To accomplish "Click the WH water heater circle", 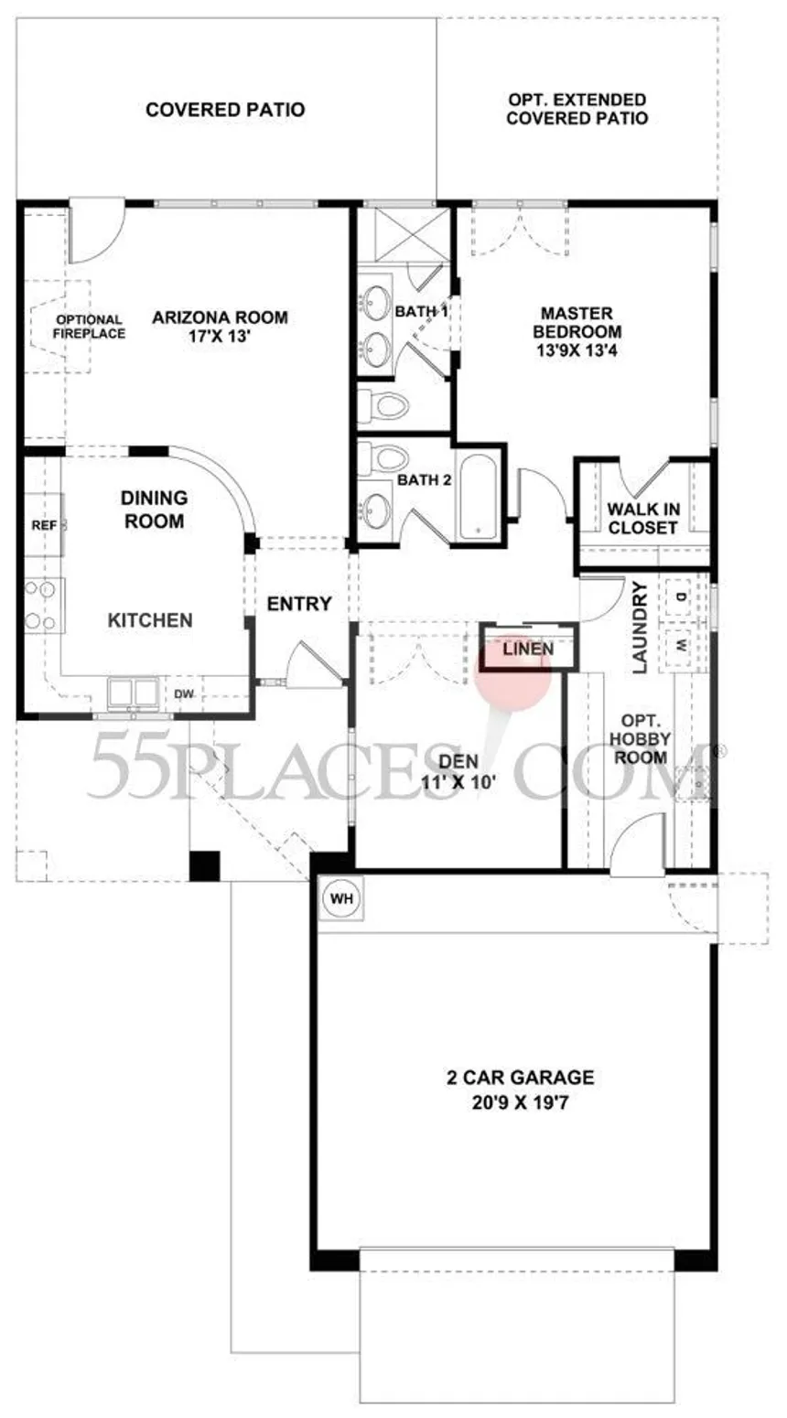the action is point(341,898).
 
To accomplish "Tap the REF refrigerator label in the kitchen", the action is point(44,525).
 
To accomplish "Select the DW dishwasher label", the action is point(184,694).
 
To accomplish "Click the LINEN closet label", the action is point(528,649).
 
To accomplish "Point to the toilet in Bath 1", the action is point(383,404).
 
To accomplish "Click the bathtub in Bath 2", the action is point(478,495).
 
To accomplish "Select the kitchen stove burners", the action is point(41,606).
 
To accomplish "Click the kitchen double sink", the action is point(133,692).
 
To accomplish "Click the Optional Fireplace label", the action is point(90,327).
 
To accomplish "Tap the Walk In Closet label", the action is point(643,519).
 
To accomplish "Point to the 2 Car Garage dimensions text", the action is point(521,1103).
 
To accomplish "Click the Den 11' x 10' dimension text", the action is point(458,782).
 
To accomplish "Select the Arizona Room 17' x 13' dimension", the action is point(221,336).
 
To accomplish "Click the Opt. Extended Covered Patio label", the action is point(577,109).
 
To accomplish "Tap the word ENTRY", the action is point(299,604).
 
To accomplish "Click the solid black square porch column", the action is point(204,865).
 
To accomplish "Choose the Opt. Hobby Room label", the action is point(641,739).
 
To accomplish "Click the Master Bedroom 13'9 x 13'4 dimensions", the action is point(577,350).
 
